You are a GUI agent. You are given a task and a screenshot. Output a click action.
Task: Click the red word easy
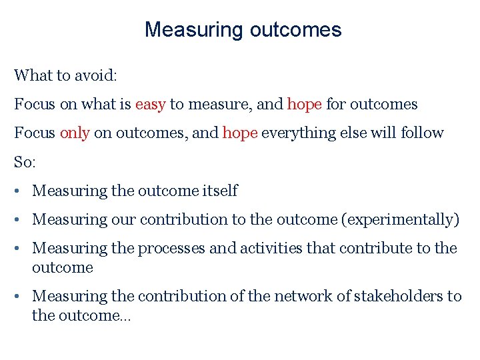[x=151, y=105]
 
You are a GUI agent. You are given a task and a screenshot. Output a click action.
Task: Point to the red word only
[x=75, y=133]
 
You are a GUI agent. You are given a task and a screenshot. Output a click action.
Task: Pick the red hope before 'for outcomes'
[x=305, y=105]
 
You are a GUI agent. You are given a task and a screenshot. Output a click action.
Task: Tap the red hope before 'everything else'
[x=240, y=133]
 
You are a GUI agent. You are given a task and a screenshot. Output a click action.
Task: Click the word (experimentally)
[x=399, y=220]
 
